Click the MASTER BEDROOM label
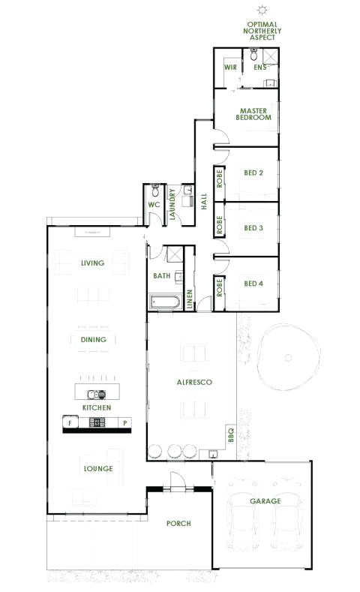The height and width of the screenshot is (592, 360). [253, 114]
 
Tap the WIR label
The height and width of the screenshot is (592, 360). [230, 68]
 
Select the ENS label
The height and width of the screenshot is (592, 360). [259, 68]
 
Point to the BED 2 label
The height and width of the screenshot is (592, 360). [253, 173]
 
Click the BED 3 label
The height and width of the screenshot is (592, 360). [253, 228]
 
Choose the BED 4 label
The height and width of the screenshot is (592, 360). [253, 284]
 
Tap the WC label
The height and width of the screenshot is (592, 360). [154, 204]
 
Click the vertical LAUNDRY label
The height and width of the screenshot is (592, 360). [172, 205]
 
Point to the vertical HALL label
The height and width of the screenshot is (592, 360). [203, 201]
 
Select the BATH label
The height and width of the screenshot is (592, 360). [162, 275]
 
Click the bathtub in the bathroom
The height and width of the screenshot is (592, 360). [163, 303]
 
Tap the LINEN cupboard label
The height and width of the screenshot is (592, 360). [190, 299]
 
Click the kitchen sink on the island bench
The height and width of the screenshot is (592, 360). [94, 393]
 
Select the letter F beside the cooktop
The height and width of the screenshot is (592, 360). [70, 423]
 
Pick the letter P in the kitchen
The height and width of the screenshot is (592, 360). [124, 423]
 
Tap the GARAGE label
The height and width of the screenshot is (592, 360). [265, 500]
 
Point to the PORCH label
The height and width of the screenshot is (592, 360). [178, 523]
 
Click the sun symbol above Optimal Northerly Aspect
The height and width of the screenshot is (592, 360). [262, 9]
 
